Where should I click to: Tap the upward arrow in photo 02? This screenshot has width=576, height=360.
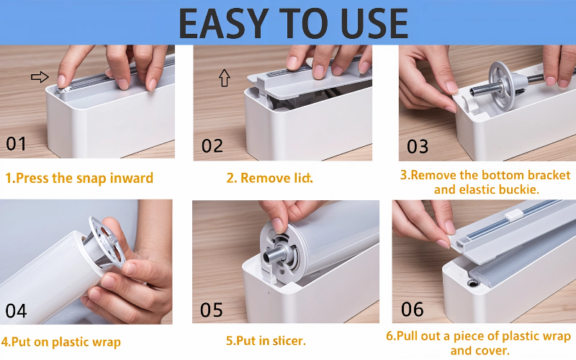[x=224, y=78]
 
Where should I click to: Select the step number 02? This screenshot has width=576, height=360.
[x=212, y=146]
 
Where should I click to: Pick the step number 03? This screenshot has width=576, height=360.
[x=418, y=147]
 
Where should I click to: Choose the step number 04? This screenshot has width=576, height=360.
[x=16, y=310]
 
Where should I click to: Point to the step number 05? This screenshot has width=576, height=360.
[x=212, y=310]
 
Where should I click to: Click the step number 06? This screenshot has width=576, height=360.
[x=413, y=310]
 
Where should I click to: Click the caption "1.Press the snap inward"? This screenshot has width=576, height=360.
[x=79, y=178]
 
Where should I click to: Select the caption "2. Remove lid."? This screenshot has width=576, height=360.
[x=270, y=178]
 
